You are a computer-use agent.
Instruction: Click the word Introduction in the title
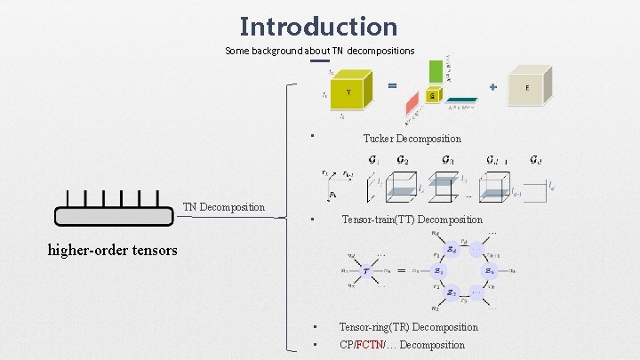tap(318, 26)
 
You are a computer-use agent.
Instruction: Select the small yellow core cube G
tap(432, 95)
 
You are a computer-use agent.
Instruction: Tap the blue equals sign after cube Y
tap(391, 85)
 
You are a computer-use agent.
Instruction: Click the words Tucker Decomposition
tap(412, 139)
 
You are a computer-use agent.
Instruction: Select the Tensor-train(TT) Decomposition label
tap(412, 220)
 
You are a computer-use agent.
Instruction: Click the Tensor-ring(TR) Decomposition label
tap(408, 327)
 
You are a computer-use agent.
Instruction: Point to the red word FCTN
tap(368, 345)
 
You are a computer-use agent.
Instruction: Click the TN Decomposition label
tap(224, 207)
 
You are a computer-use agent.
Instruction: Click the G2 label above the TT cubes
tap(404, 161)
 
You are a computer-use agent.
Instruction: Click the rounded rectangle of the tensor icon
tap(114, 216)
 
